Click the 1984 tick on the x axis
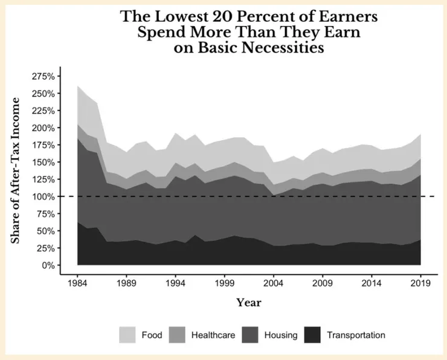pos(77,282)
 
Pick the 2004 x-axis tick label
pos(273,282)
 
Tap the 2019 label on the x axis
pos(420,282)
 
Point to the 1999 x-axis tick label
pos(224,282)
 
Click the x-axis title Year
pos(249,302)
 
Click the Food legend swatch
pos(127,335)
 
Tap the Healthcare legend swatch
pos(177,335)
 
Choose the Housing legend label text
pos(280,335)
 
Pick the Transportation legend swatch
pos(313,335)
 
